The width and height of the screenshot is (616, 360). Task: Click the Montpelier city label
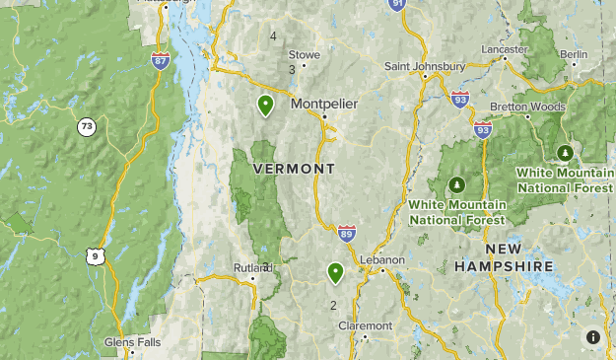pyautogui.click(x=323, y=104)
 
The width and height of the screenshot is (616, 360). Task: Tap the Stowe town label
pyautogui.click(x=304, y=55)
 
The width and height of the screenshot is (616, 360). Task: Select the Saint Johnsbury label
pyautogui.click(x=424, y=66)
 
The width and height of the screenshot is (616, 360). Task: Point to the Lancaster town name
pyautogui.click(x=505, y=48)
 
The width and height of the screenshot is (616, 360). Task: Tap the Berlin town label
pyautogui.click(x=573, y=54)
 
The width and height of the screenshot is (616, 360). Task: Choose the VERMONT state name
pyautogui.click(x=295, y=170)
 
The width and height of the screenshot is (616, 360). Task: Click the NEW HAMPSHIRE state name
pyautogui.click(x=504, y=258)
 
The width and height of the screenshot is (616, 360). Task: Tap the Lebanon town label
pyautogui.click(x=382, y=259)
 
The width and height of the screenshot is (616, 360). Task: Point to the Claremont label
pyautogui.click(x=365, y=325)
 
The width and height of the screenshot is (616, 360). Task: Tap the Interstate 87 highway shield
pyautogui.click(x=160, y=61)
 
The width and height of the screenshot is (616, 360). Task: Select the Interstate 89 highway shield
pyautogui.click(x=346, y=233)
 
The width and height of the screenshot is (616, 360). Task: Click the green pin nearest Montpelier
pyautogui.click(x=265, y=104)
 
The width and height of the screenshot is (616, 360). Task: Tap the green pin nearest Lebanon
pyautogui.click(x=335, y=271)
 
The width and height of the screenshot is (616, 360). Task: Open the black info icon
pyautogui.click(x=592, y=337)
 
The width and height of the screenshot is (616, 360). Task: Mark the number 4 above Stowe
pyautogui.click(x=273, y=36)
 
